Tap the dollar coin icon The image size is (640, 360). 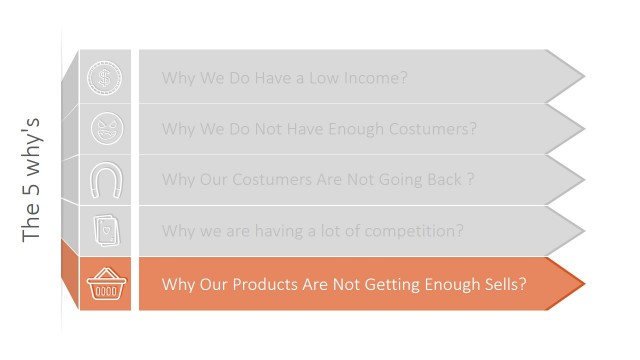[105, 77]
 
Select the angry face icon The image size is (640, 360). [105, 129]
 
